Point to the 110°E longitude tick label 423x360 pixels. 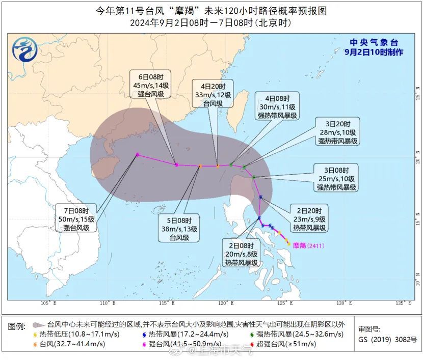point(106,303)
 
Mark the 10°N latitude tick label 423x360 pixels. point(417,283)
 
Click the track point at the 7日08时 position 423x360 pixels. point(138,155)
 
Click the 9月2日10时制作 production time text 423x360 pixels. point(374,52)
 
